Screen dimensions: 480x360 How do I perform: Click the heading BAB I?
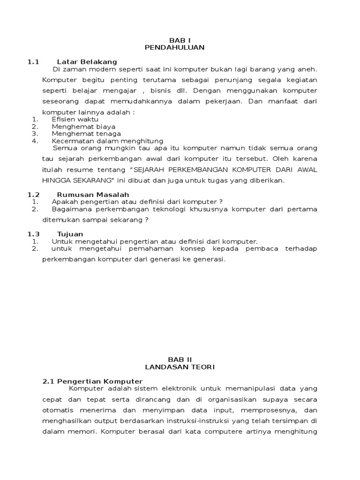click(174, 40)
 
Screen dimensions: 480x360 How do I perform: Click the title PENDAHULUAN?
click(174, 47)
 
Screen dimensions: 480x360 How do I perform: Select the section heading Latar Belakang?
click(87, 62)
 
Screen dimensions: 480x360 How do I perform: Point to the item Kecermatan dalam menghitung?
click(107, 141)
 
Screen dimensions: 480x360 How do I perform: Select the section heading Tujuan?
click(70, 234)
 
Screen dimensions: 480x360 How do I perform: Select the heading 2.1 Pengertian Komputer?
click(92, 381)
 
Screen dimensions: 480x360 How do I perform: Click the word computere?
click(223, 432)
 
